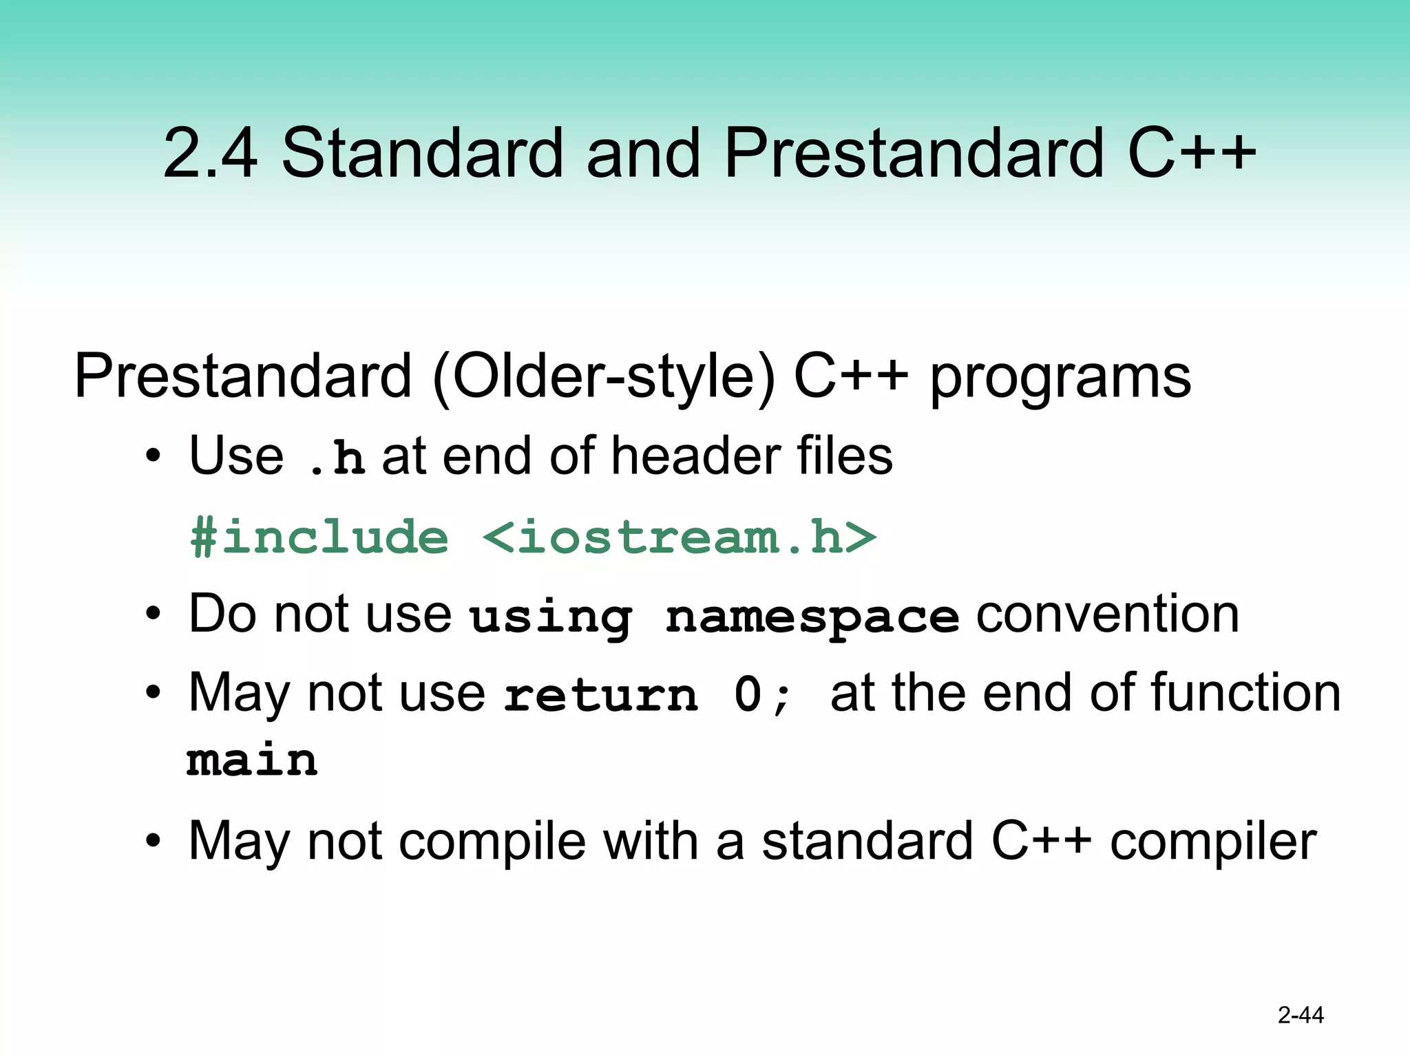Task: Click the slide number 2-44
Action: [1300, 1015]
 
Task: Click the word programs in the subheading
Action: [1060, 378]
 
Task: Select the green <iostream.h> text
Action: [679, 537]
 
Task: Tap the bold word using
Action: [550, 617]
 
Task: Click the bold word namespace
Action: [812, 617]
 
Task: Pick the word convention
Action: [1107, 613]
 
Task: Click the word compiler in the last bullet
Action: [1212, 841]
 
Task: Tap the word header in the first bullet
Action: [695, 456]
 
